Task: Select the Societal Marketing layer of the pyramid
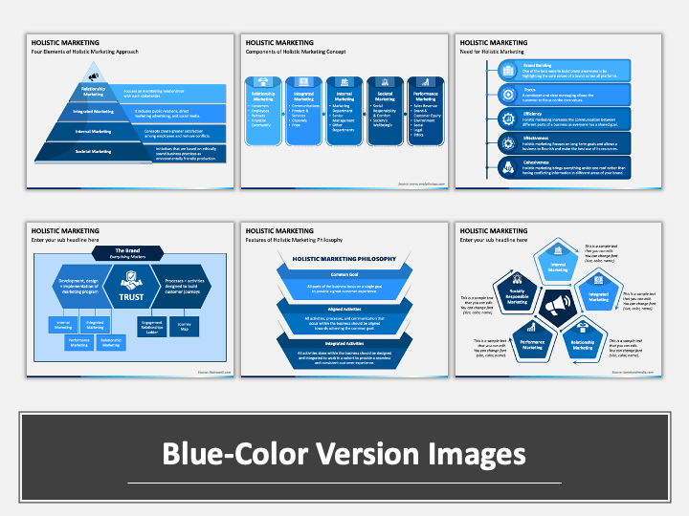tap(94, 151)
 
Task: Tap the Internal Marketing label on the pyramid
tap(94, 131)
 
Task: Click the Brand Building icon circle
tap(507, 70)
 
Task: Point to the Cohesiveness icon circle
tap(507, 167)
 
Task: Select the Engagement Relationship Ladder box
tap(153, 326)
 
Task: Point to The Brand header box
tap(127, 252)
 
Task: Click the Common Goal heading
tap(344, 272)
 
